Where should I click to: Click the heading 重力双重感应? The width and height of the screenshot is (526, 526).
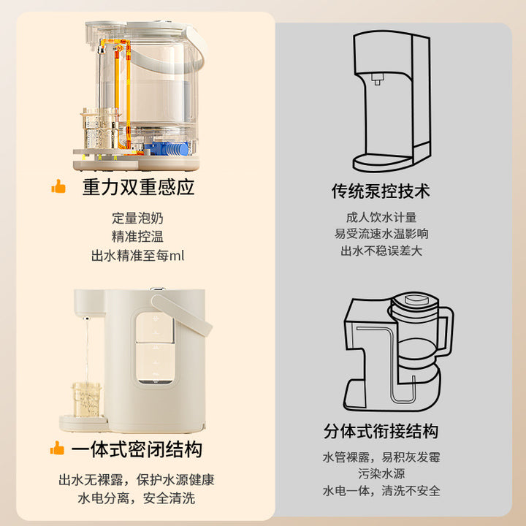pyautogui.click(x=138, y=187)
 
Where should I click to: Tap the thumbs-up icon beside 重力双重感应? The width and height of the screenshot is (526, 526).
pyautogui.click(x=58, y=186)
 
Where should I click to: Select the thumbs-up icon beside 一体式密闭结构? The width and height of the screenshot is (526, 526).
pyautogui.click(x=57, y=448)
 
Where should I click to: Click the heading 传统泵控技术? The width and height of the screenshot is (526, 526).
pyautogui.click(x=381, y=191)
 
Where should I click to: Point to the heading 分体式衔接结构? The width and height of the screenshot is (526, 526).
pyautogui.click(x=381, y=431)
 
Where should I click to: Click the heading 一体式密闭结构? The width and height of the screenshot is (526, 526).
pyautogui.click(x=137, y=449)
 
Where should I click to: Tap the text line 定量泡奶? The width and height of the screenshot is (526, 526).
pyautogui.click(x=137, y=218)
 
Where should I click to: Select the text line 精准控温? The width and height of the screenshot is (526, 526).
pyautogui.click(x=137, y=237)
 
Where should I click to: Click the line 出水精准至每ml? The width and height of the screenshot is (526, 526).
pyautogui.click(x=137, y=256)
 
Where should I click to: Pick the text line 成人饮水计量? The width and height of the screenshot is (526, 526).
pyautogui.click(x=381, y=218)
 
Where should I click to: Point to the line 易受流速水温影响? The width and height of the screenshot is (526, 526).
pyautogui.click(x=381, y=234)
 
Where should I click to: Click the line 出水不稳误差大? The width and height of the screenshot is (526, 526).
pyautogui.click(x=381, y=251)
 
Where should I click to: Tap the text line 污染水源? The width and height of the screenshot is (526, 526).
pyautogui.click(x=381, y=473)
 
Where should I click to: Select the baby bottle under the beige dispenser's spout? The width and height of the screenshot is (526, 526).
pyautogui.click(x=86, y=400)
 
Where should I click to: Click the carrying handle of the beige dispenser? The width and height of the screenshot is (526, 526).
pyautogui.click(x=181, y=314)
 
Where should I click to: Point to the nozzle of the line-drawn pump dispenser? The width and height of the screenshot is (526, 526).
pyautogui.click(x=377, y=79)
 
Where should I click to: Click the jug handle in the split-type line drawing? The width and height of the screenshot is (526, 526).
pyautogui.click(x=444, y=332)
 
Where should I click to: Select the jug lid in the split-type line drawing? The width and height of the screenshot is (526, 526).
pyautogui.click(x=415, y=300)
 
